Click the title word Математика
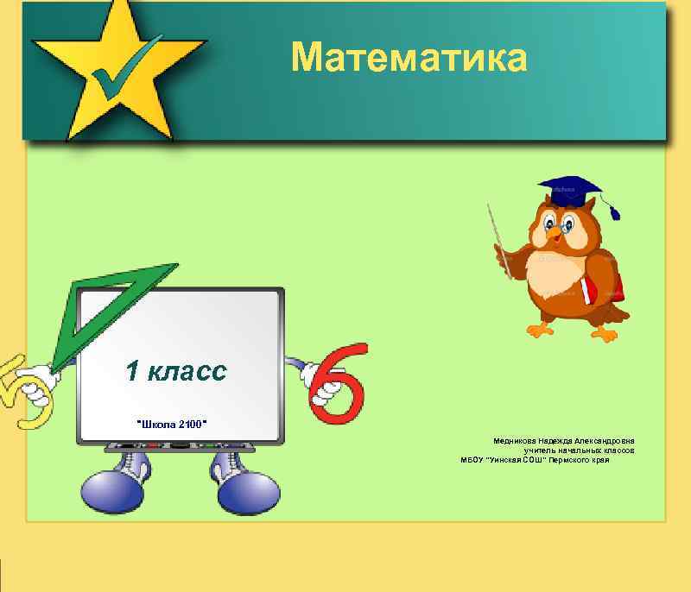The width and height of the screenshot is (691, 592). pyautogui.click(x=408, y=57)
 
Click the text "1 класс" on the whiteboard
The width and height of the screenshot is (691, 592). pyautogui.click(x=176, y=371)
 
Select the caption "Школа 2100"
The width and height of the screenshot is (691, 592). pyautogui.click(x=173, y=424)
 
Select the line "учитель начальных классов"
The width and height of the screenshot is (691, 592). pyautogui.click(x=579, y=450)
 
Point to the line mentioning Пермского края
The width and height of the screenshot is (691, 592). pyautogui.click(x=536, y=460)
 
